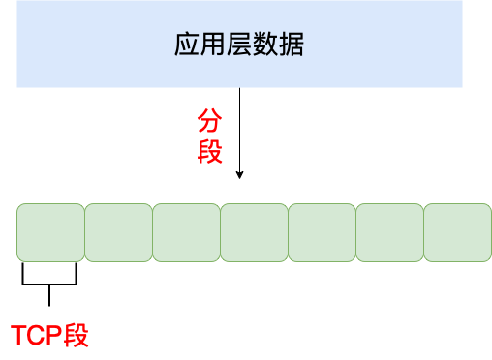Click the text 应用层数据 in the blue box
[239, 45]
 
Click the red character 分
[209, 121]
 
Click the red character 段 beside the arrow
[209, 151]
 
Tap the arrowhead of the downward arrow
[239, 174]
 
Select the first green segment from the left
[50, 232]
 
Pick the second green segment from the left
[118, 232]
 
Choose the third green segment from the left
[186, 232]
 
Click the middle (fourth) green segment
[254, 232]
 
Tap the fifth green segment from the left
[322, 232]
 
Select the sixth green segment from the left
[389, 232]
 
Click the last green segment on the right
[457, 232]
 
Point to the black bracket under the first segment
[48, 285]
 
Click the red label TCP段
[49, 336]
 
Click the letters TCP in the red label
[37, 336]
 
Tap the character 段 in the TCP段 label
[77, 336]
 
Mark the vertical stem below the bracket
[48, 295]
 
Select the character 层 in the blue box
[239, 45]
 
